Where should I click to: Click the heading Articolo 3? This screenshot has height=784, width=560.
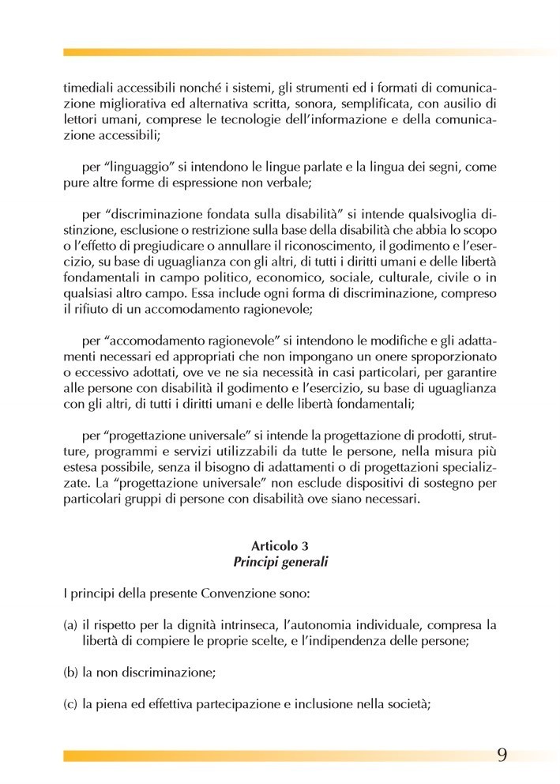(280, 546)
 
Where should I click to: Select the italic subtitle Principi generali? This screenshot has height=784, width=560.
(280, 563)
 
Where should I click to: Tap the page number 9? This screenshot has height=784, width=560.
(502, 753)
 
